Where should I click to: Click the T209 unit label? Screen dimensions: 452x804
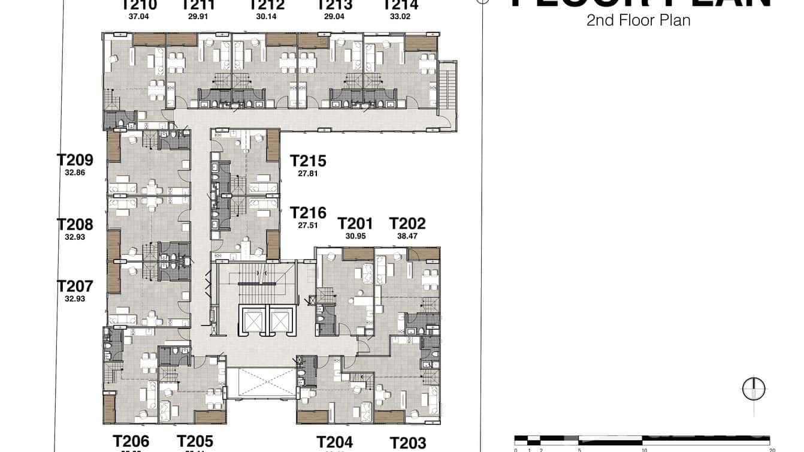coord(75,160)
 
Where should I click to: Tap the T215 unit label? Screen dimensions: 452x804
coord(308,161)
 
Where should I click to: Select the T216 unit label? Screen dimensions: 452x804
coord(308,213)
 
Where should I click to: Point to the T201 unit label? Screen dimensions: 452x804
coord(355,224)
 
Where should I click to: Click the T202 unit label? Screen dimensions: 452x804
coord(407,224)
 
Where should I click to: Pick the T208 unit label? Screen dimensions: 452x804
coord(75,225)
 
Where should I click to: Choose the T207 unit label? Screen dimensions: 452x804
coord(75,286)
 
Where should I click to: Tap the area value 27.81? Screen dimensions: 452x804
coord(308,174)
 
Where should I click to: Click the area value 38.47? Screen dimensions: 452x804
coord(407,236)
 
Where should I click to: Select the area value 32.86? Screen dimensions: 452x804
coord(75,173)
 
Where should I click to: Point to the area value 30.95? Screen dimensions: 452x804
coord(355,236)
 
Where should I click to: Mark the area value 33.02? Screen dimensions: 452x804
coord(400,17)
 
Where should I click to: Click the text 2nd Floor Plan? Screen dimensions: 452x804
coord(638,20)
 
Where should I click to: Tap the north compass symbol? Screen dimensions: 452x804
coord(754,389)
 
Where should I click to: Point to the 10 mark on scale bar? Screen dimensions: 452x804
coord(644,449)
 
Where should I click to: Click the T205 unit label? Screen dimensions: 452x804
coord(195,442)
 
